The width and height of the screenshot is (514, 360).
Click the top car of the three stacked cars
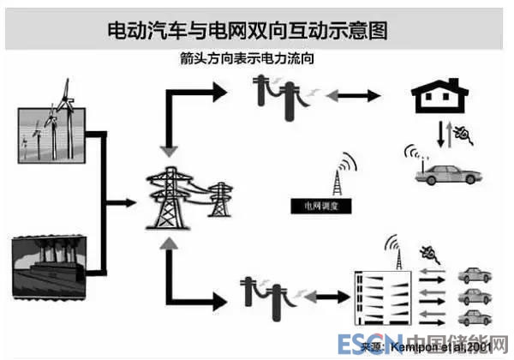click(x=475, y=276)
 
